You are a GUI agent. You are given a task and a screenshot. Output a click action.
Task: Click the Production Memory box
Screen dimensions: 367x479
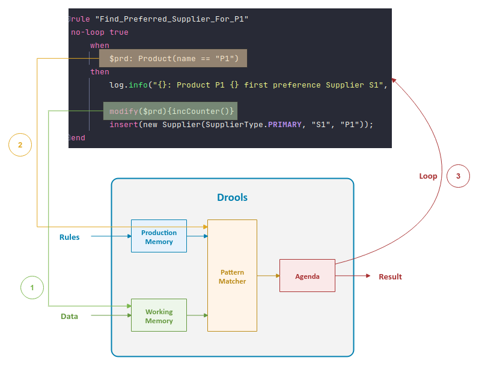[159, 237]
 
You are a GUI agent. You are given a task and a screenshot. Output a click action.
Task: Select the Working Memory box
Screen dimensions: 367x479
[159, 315]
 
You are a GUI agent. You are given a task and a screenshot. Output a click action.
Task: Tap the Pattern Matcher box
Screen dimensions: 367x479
[232, 276]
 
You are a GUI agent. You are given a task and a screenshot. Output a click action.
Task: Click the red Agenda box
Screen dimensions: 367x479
[307, 276]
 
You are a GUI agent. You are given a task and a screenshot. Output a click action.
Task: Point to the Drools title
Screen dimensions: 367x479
[232, 197]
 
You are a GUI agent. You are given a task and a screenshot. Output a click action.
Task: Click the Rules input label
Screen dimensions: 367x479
[69, 237]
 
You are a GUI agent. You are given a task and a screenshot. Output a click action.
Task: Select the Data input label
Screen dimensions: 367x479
[69, 316]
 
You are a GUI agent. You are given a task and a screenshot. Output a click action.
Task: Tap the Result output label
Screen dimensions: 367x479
[390, 276]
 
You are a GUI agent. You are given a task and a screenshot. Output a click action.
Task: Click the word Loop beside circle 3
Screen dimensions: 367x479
[428, 176]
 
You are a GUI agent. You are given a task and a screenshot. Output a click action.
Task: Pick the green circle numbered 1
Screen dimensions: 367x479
[32, 288]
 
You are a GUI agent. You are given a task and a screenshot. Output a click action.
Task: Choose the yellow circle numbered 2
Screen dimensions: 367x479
[20, 145]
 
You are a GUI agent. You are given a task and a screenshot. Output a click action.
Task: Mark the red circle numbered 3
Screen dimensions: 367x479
[458, 176]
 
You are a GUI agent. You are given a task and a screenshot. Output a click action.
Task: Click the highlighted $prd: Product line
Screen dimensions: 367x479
[174, 58]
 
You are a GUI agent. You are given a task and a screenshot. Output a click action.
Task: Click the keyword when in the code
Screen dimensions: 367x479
[100, 46]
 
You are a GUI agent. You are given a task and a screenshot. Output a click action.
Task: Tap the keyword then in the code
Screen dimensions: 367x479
[100, 72]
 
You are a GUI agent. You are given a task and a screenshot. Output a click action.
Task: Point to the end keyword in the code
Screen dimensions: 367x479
[78, 138]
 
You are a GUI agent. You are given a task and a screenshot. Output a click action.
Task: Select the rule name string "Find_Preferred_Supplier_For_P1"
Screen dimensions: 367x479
[172, 19]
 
